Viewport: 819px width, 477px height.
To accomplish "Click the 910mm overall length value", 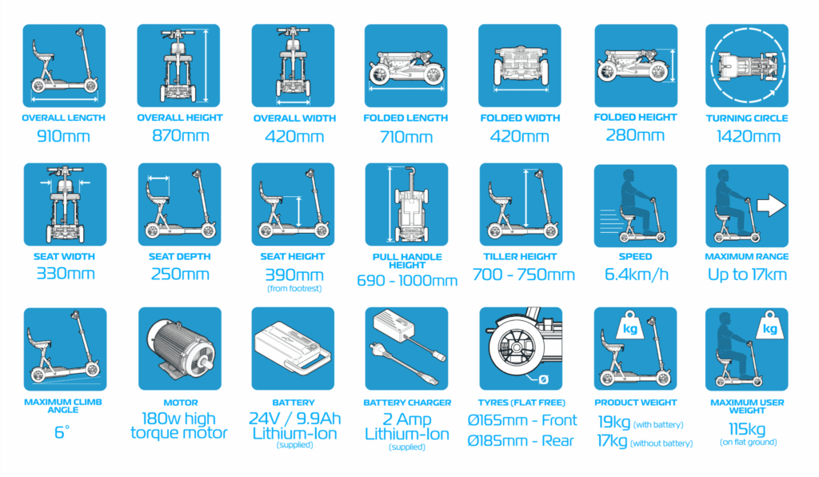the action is click(x=63, y=136).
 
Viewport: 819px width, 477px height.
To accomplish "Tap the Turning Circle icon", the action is click(x=746, y=66).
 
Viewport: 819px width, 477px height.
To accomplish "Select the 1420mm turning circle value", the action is click(x=748, y=136).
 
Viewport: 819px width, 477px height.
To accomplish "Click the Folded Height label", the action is click(x=635, y=117).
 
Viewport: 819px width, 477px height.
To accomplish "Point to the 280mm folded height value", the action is click(x=635, y=135).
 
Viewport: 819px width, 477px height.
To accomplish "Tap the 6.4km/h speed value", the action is click(x=636, y=275).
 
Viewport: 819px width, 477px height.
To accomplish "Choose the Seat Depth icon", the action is click(x=179, y=204).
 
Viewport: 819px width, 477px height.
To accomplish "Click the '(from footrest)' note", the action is click(x=294, y=288).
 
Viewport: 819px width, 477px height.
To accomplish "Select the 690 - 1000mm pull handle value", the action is click(x=407, y=281).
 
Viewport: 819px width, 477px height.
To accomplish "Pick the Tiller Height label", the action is click(x=520, y=257).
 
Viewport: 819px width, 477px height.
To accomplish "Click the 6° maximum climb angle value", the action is click(x=62, y=432).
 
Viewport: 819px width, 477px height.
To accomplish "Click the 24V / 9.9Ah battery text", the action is click(x=294, y=419).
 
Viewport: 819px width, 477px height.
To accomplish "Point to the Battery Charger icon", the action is click(x=406, y=348).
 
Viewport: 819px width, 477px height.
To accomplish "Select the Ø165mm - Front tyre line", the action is click(x=522, y=420).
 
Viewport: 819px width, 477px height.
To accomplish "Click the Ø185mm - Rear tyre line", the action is click(x=521, y=440).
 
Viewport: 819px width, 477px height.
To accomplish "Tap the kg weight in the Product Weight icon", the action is click(x=630, y=327).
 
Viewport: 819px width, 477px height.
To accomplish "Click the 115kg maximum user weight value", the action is click(x=747, y=429).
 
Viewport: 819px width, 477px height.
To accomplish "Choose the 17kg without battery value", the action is click(x=612, y=441).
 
